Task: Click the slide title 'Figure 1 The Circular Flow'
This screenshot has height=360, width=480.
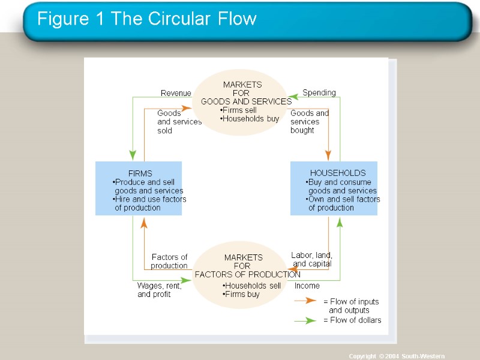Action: pyautogui.click(x=146, y=19)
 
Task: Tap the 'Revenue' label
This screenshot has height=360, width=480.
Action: pyautogui.click(x=175, y=93)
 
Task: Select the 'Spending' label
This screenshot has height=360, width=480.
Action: pyautogui.click(x=319, y=92)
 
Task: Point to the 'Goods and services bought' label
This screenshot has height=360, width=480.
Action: pyautogui.click(x=310, y=122)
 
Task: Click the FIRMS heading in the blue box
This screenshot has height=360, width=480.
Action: pyautogui.click(x=140, y=173)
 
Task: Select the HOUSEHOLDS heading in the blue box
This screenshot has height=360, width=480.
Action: pyautogui.click(x=337, y=173)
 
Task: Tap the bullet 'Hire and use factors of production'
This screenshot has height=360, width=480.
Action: pyautogui.click(x=150, y=203)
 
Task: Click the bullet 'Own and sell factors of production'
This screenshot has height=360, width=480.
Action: pyautogui.click(x=343, y=203)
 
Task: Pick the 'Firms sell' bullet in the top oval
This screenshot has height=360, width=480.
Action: pyautogui.click(x=239, y=110)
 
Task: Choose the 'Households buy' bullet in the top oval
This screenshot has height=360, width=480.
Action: pyautogui.click(x=250, y=119)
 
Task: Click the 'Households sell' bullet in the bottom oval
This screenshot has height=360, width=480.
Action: pyautogui.click(x=251, y=286)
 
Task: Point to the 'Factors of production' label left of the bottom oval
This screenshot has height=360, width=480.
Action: pyautogui.click(x=169, y=262)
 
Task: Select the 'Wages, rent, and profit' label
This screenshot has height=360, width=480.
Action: pyautogui.click(x=159, y=290)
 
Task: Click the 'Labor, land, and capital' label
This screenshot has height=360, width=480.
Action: pyautogui.click(x=311, y=259)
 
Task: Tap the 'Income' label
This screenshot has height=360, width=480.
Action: pyautogui.click(x=307, y=286)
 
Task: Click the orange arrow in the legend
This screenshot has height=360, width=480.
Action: pyautogui.click(x=305, y=301)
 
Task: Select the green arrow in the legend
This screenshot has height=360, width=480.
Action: pyautogui.click(x=305, y=320)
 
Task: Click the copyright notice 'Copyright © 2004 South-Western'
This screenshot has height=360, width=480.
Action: pyautogui.click(x=397, y=356)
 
